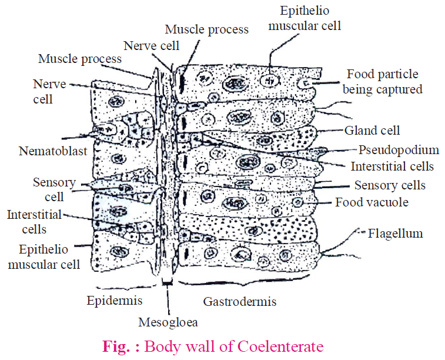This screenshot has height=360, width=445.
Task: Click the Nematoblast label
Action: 53,151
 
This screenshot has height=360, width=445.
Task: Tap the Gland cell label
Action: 373,131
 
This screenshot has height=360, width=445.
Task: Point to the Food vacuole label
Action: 372,202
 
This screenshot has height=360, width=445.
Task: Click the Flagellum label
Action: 395,234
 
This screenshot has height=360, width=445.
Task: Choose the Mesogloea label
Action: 168,322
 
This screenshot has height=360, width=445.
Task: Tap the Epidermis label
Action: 115,301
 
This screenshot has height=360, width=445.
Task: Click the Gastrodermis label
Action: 240,302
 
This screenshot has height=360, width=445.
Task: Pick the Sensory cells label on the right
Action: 390,185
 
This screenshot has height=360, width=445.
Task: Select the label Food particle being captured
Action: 383,82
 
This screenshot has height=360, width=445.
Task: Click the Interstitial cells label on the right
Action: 392,166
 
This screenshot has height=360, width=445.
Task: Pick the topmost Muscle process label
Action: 206,29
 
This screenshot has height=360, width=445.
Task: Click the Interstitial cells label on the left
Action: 34,222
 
